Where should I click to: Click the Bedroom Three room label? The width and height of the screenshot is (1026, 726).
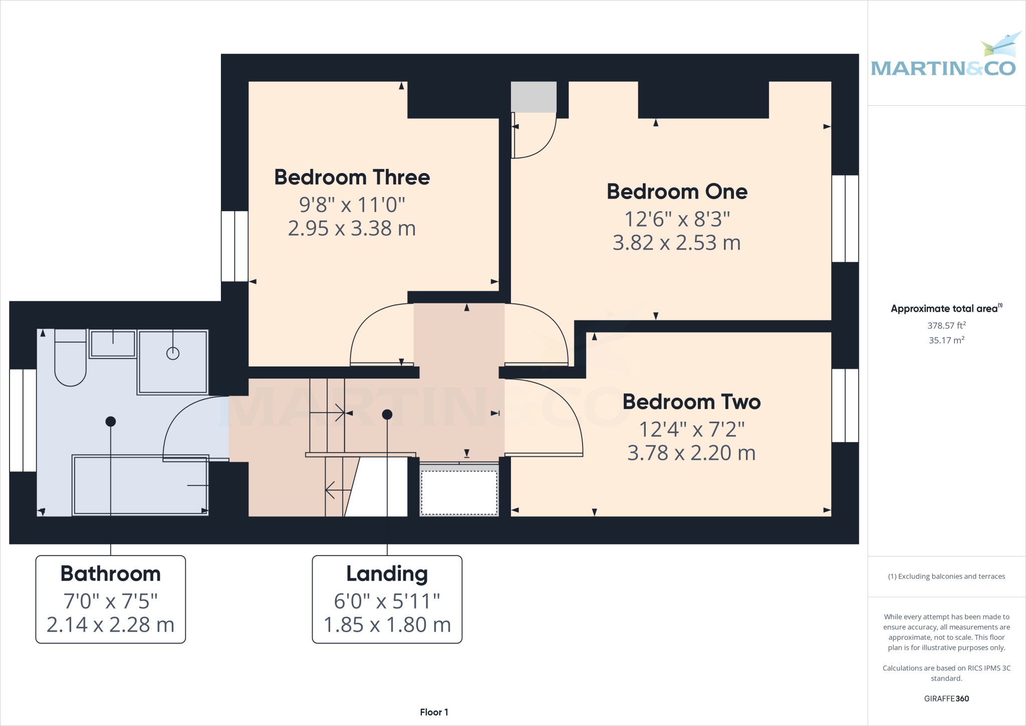click(352, 177)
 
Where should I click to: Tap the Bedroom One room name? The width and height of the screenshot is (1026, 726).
click(677, 192)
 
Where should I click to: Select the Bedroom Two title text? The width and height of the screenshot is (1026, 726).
click(691, 402)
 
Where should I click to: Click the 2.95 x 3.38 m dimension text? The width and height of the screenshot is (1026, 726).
click(352, 229)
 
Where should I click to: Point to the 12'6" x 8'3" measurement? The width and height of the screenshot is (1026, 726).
click(677, 219)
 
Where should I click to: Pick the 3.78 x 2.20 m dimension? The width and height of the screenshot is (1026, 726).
click(691, 453)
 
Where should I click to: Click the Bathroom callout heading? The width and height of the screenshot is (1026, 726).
click(111, 574)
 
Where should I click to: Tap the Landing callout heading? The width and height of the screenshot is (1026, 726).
click(387, 574)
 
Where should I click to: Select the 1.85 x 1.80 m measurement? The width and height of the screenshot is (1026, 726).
click(387, 625)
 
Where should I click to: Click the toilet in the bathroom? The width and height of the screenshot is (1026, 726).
click(70, 361)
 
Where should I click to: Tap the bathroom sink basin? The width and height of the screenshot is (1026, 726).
click(113, 344)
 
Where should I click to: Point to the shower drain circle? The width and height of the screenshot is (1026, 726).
click(173, 353)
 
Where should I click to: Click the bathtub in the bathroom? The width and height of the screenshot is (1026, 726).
click(140, 485)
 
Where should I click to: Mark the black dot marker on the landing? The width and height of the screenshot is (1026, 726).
click(387, 415)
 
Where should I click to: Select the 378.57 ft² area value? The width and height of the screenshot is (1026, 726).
click(946, 325)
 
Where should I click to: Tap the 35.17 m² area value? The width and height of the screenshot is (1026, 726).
click(946, 340)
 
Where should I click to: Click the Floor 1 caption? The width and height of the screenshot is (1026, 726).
click(434, 712)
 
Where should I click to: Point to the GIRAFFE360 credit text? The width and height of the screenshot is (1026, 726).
click(946, 698)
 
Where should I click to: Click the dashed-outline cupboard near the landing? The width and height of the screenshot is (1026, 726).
click(459, 492)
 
